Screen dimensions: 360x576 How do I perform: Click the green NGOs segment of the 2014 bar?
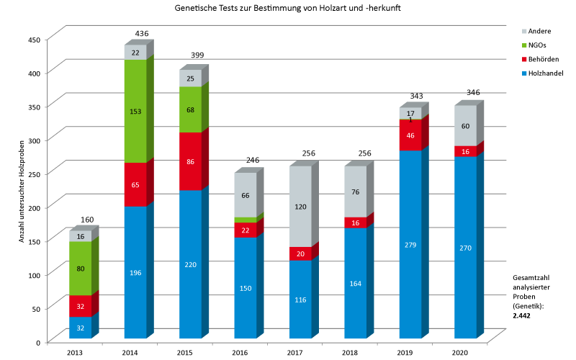click(135, 111)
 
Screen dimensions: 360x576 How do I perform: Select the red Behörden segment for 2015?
click(190, 161)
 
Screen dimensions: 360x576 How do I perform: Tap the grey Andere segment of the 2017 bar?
click(300, 206)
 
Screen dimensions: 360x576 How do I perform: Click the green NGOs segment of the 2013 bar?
click(80, 269)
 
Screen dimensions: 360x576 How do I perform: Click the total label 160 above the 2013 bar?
click(88, 220)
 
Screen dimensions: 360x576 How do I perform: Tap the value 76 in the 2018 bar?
click(356, 192)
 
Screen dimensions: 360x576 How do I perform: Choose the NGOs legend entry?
click(536, 45)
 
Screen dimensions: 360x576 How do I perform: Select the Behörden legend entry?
click(541, 60)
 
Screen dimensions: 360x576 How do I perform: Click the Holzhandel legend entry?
click(544, 73)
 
